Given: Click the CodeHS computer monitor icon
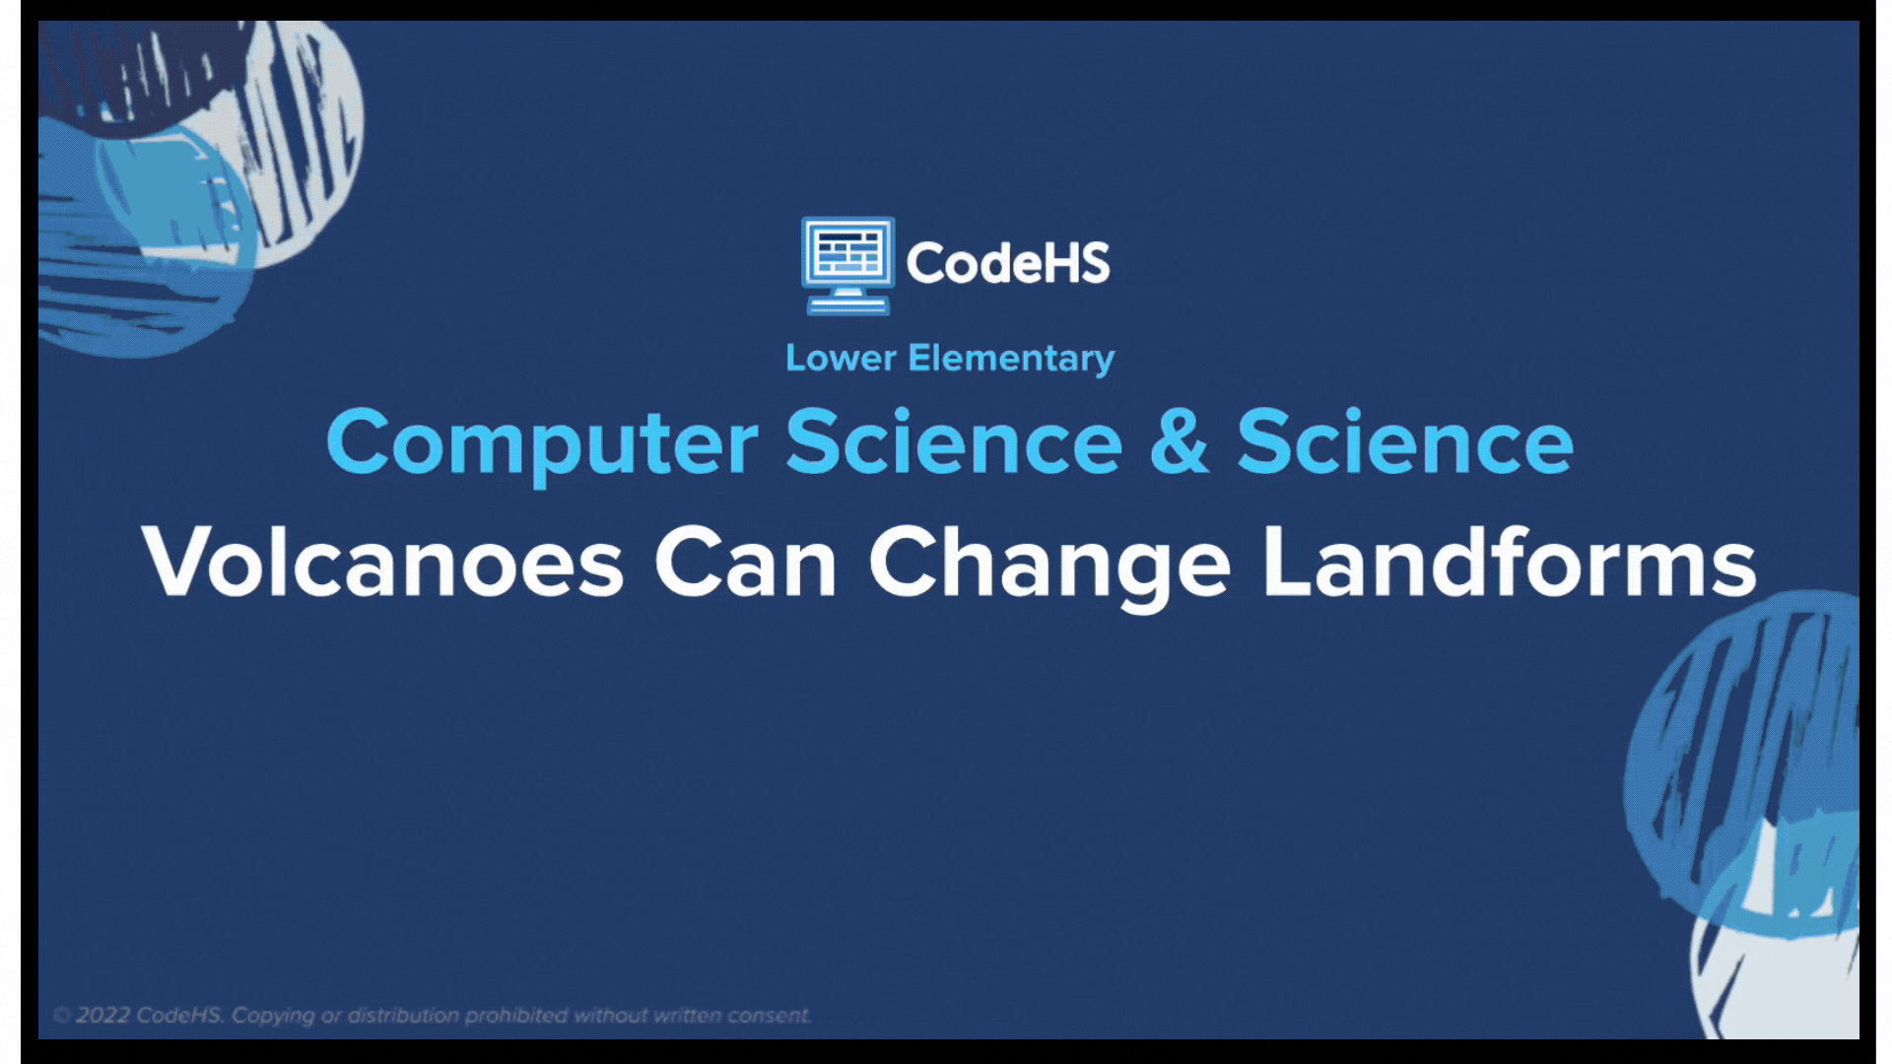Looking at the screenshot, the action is (848, 265).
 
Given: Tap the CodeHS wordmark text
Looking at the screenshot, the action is (1008, 263).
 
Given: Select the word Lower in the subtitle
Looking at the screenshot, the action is (841, 358).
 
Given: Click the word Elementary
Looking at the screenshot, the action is (1011, 360).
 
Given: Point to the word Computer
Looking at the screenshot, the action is (542, 444).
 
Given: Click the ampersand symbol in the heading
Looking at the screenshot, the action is (1179, 441).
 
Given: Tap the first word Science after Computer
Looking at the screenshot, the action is (954, 441).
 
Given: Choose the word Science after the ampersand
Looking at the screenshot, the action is (1405, 441).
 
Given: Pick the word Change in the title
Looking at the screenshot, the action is (1049, 565).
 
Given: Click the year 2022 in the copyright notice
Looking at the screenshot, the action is (102, 1016).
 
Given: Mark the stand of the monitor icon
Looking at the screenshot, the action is (848, 302).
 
